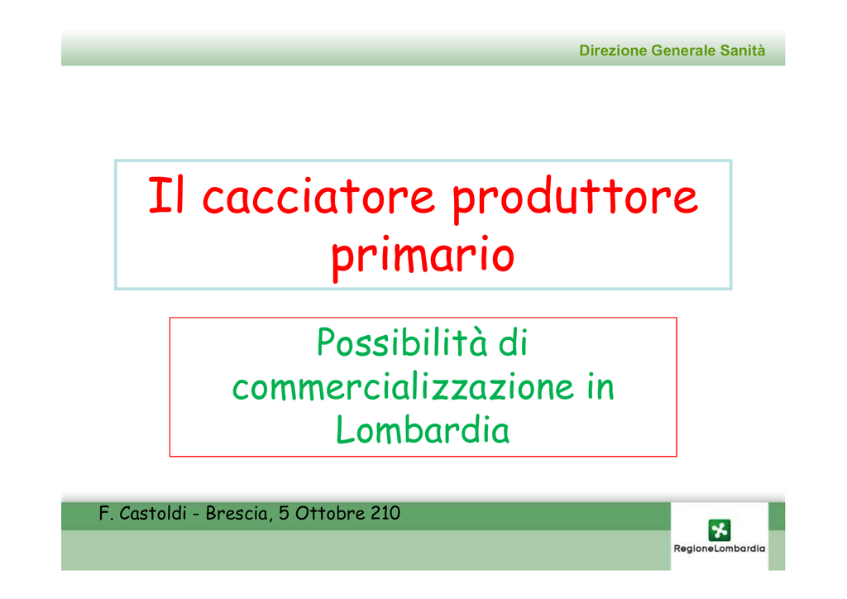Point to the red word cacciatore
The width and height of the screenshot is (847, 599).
[x=318, y=196]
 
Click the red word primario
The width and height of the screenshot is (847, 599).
[x=423, y=257]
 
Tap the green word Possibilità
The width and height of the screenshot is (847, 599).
[x=402, y=343]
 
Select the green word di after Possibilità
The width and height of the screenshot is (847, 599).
[x=513, y=343]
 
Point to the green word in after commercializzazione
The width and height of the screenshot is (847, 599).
[x=601, y=386]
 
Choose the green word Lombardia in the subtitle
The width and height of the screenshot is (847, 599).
[x=423, y=430]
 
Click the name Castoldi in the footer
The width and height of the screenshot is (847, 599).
[x=152, y=513]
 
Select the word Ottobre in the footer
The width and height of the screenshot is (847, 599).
[x=330, y=513]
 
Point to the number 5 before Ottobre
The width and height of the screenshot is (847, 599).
[x=284, y=513]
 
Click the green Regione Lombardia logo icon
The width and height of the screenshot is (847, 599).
[x=719, y=530]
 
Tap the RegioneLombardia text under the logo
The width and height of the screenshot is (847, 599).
[x=719, y=549]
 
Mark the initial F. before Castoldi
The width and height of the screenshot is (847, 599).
[x=106, y=513]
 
